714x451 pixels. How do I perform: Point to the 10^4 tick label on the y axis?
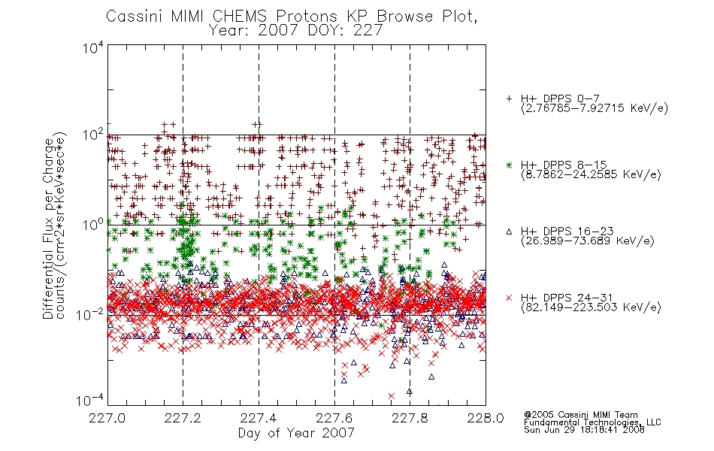93,47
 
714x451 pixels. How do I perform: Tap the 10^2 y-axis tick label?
93,136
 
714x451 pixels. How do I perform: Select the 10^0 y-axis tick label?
93,225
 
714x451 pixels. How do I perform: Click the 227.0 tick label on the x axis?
107,418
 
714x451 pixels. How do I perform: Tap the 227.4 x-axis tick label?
259,418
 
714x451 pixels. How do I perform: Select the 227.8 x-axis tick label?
410,418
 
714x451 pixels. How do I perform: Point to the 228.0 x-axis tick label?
486,418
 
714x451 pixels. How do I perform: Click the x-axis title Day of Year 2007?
296,433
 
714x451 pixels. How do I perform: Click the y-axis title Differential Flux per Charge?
48,229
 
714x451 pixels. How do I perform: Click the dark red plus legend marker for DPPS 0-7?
509,98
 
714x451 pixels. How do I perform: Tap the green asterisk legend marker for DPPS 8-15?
509,165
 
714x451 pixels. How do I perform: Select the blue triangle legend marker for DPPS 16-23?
509,232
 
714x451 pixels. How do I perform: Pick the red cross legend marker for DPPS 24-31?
509,298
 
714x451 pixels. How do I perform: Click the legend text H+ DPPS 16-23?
567,232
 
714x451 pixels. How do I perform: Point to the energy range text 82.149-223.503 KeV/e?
591,307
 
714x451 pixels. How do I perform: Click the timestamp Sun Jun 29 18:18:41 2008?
584,430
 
